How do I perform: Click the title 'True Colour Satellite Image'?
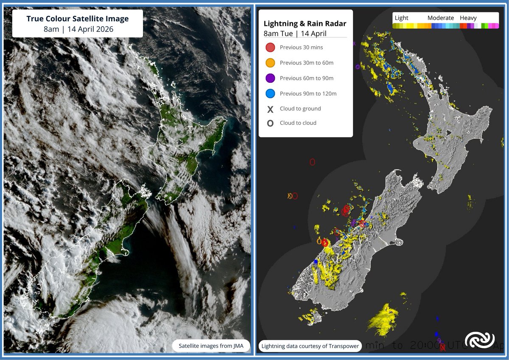point(77,19)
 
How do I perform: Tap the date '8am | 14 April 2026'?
point(77,30)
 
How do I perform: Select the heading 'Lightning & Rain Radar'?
point(305,24)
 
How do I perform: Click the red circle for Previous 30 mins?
point(270,48)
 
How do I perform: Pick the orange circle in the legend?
point(270,63)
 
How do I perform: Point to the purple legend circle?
point(270,78)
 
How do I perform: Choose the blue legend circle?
point(270,93)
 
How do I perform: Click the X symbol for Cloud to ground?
point(270,109)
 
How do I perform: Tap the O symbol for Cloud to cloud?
point(270,124)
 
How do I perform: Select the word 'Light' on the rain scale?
point(401,18)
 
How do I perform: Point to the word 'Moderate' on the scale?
point(440,18)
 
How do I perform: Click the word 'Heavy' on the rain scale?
point(468,18)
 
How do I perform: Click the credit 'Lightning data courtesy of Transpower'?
point(310,346)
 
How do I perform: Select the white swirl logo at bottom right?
point(479,340)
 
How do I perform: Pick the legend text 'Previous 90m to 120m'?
point(308,93)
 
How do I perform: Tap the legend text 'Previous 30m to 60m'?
point(307,63)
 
